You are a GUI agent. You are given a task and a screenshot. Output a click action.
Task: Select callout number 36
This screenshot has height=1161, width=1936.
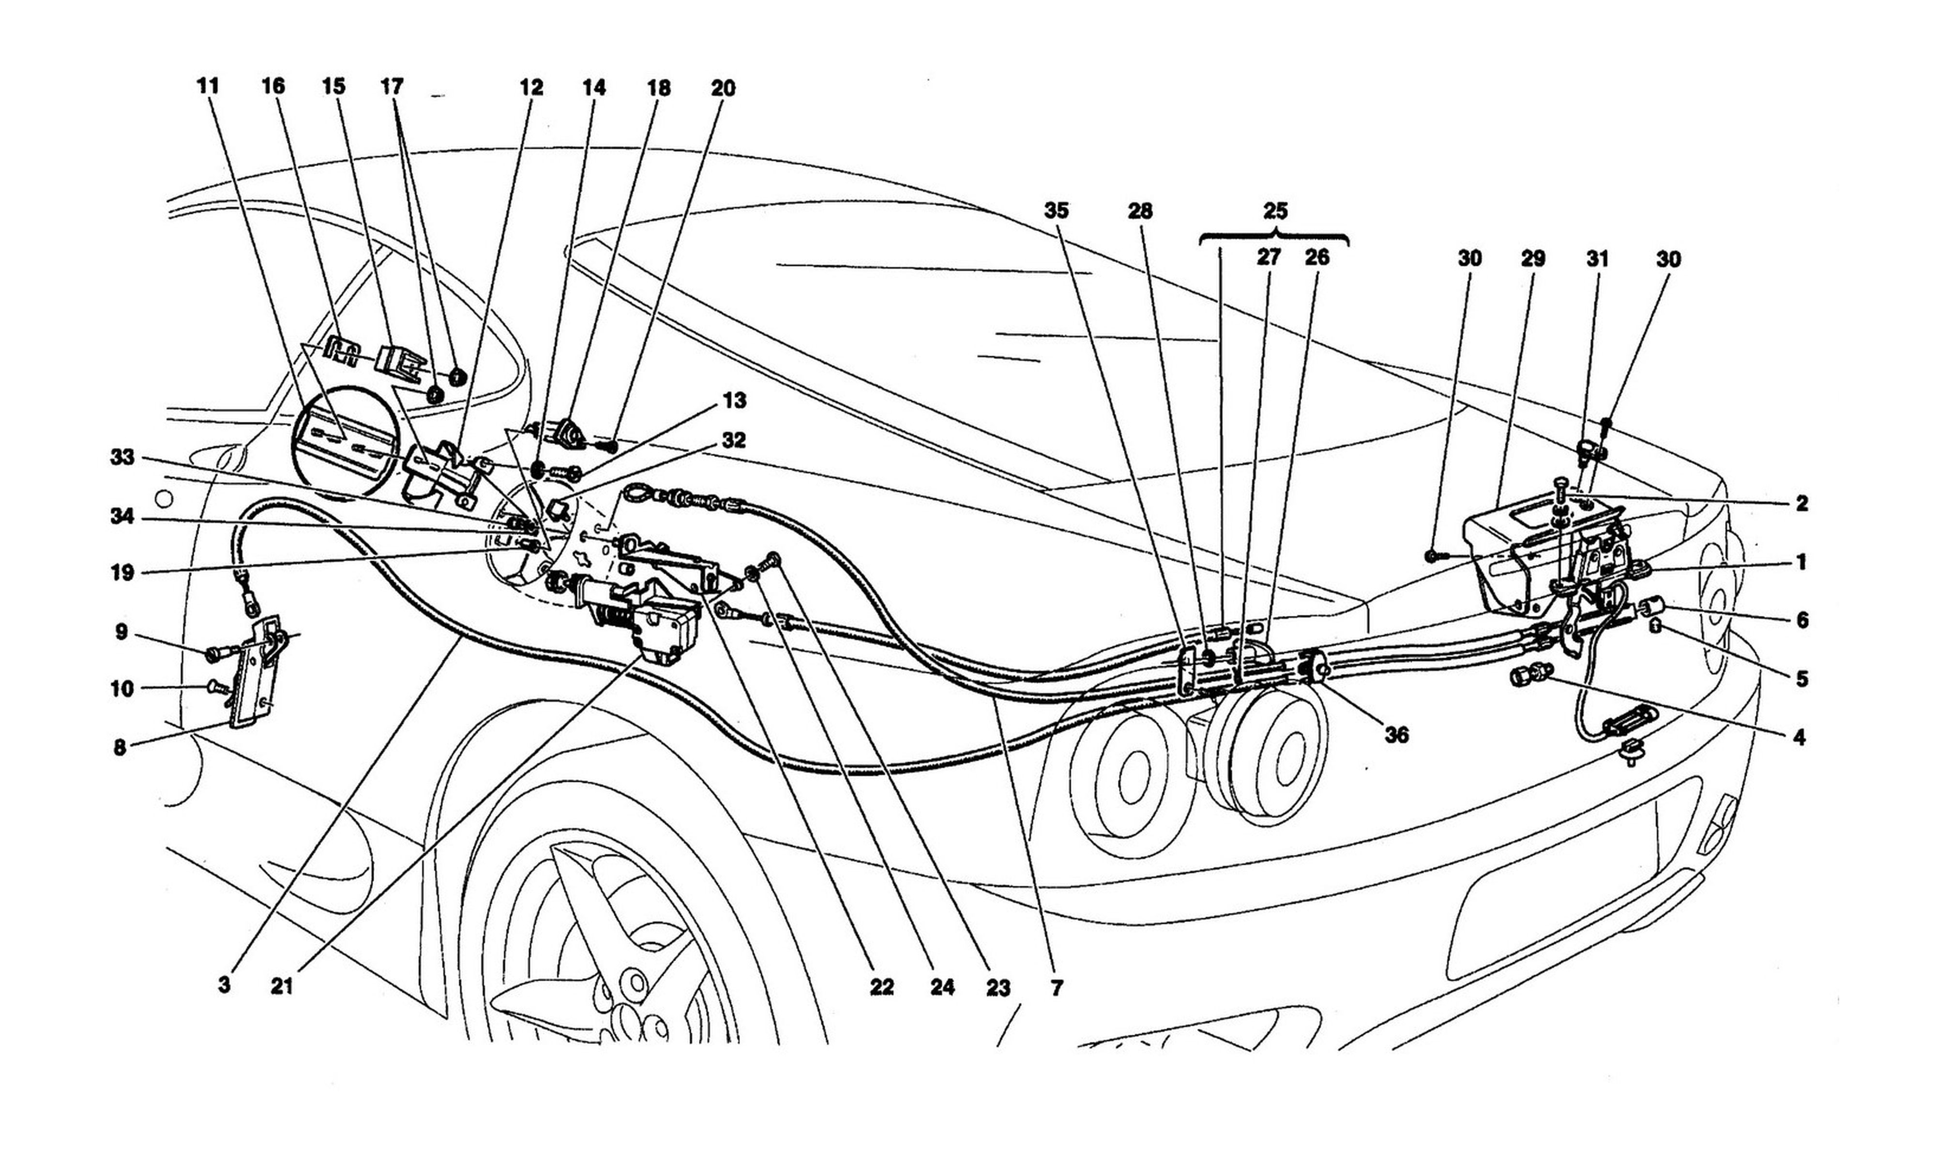click(1397, 735)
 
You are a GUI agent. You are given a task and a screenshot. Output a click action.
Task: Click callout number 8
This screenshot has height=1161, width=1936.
click(119, 748)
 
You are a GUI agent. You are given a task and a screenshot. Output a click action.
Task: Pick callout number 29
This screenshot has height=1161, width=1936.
click(1533, 258)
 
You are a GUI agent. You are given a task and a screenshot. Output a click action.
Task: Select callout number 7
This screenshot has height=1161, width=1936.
click(1057, 988)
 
